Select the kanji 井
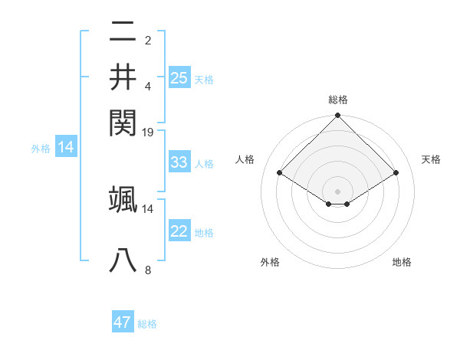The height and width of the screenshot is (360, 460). point(123,76)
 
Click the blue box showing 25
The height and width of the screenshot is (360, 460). point(179,77)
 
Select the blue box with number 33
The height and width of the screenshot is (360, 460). point(179,162)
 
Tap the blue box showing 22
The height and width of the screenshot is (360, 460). point(179,231)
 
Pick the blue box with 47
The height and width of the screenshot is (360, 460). point(123,322)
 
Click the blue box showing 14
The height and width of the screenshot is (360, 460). point(65,148)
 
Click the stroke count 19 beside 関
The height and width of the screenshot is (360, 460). point(148,133)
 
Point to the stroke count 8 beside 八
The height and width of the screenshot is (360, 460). point(148,270)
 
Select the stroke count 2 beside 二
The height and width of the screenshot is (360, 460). point(148,41)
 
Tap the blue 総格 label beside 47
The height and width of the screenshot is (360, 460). point(147,324)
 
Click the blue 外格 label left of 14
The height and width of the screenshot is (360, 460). point(41,149)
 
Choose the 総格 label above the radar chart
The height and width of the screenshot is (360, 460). point(337,100)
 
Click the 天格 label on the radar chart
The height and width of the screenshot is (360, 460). point(431,159)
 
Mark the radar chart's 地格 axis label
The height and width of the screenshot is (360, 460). point(402,262)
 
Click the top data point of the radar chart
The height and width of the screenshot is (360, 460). point(337,116)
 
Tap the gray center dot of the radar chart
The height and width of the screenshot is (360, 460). point(337,190)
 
